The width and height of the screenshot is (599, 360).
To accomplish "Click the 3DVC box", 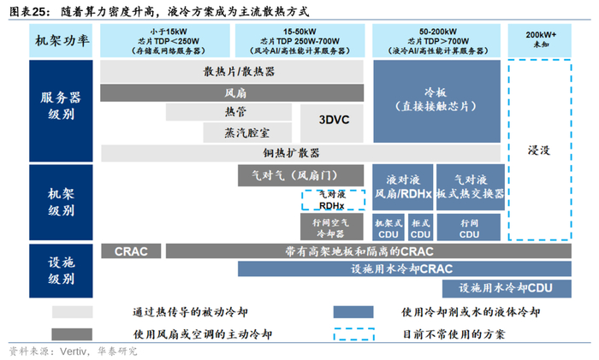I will tap(329, 121).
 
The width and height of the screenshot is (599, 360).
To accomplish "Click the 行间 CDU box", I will tap(469, 227).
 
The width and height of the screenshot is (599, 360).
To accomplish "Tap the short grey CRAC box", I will tap(131, 251).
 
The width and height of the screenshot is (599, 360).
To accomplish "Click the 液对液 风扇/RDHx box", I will tap(402, 186).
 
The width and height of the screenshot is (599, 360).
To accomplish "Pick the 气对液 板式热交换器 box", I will tap(469, 186).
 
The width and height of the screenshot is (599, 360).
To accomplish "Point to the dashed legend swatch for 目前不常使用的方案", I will tap(361, 333).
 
